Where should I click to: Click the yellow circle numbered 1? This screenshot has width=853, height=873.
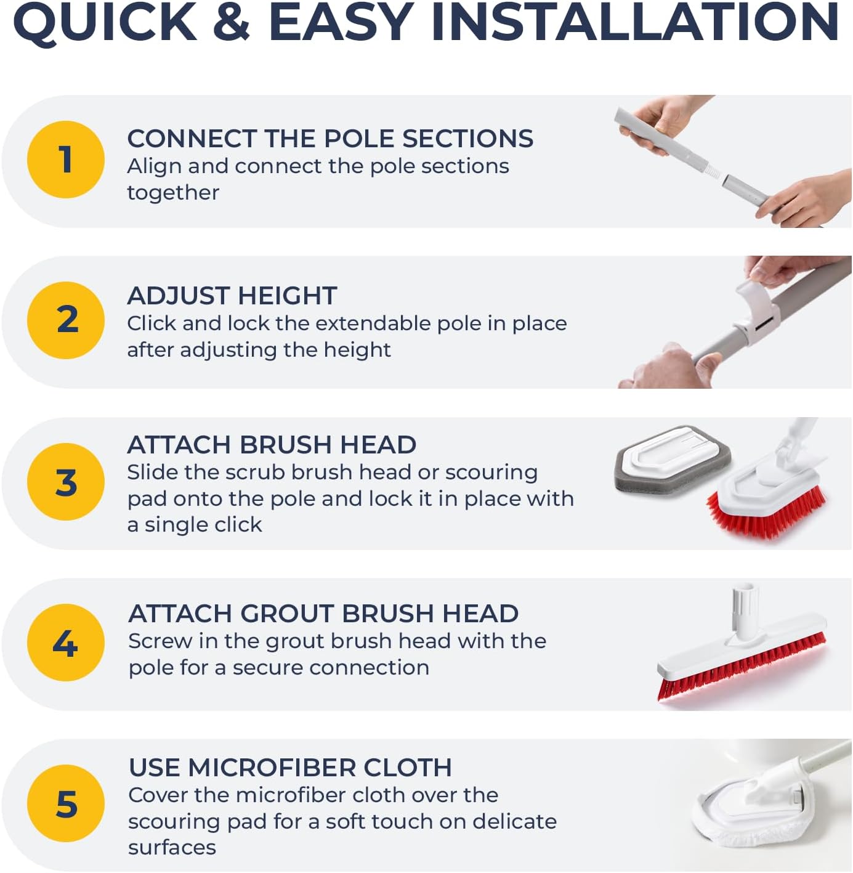66,160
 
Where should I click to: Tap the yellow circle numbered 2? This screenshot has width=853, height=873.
66,320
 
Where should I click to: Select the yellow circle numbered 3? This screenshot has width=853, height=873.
66,482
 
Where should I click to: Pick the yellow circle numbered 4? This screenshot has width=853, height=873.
66,643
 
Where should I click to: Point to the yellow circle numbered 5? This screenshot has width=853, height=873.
66,803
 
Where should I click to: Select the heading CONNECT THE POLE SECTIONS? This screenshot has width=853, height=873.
330,139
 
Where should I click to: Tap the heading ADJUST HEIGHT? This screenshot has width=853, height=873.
232,296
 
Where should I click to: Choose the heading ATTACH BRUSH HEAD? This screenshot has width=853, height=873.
272,445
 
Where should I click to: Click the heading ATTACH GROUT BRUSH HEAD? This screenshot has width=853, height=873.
323,614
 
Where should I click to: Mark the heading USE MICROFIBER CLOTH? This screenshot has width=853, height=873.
290,768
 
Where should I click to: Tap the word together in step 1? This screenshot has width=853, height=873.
173,193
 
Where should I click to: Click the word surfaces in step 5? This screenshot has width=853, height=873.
172,848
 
